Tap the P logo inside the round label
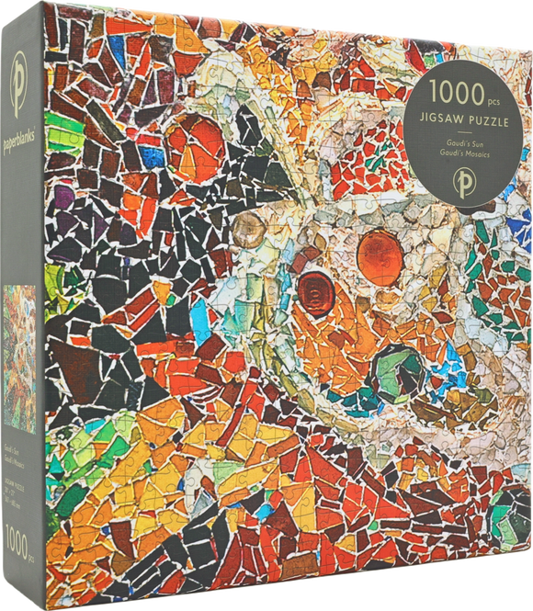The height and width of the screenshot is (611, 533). [465, 174]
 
